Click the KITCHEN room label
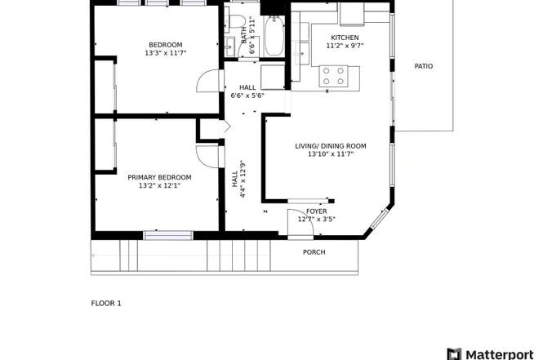click(x=345, y=38)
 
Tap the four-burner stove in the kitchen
click(x=333, y=76)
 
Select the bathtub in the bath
click(x=273, y=37)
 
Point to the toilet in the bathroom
click(x=237, y=21)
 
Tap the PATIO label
click(x=423, y=66)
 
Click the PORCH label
click(x=314, y=252)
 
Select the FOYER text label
click(x=316, y=211)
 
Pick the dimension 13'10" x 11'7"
click(x=330, y=154)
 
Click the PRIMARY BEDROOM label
click(x=159, y=177)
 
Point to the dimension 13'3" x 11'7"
click(x=164, y=53)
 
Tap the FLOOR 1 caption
click(x=106, y=303)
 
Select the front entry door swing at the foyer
click(x=296, y=224)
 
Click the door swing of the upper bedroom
click(x=209, y=82)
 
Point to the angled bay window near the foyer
click(x=378, y=218)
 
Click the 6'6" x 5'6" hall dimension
click(x=247, y=96)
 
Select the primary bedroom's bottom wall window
click(x=167, y=235)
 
